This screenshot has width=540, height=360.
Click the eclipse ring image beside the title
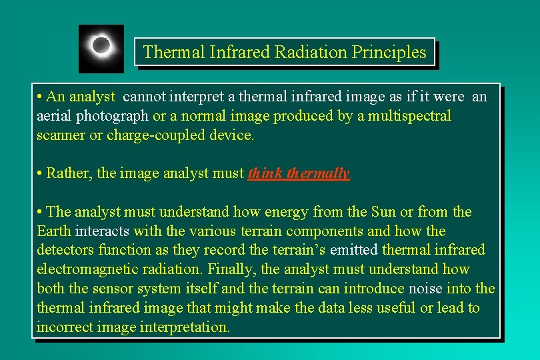click(101, 48)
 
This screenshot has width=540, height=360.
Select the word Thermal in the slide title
click(170, 52)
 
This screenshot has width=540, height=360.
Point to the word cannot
click(146, 97)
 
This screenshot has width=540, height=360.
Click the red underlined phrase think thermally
click(298, 174)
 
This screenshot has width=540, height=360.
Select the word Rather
click(69, 174)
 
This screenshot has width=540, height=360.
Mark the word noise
click(425, 289)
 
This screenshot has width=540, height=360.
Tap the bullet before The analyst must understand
click(41, 212)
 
